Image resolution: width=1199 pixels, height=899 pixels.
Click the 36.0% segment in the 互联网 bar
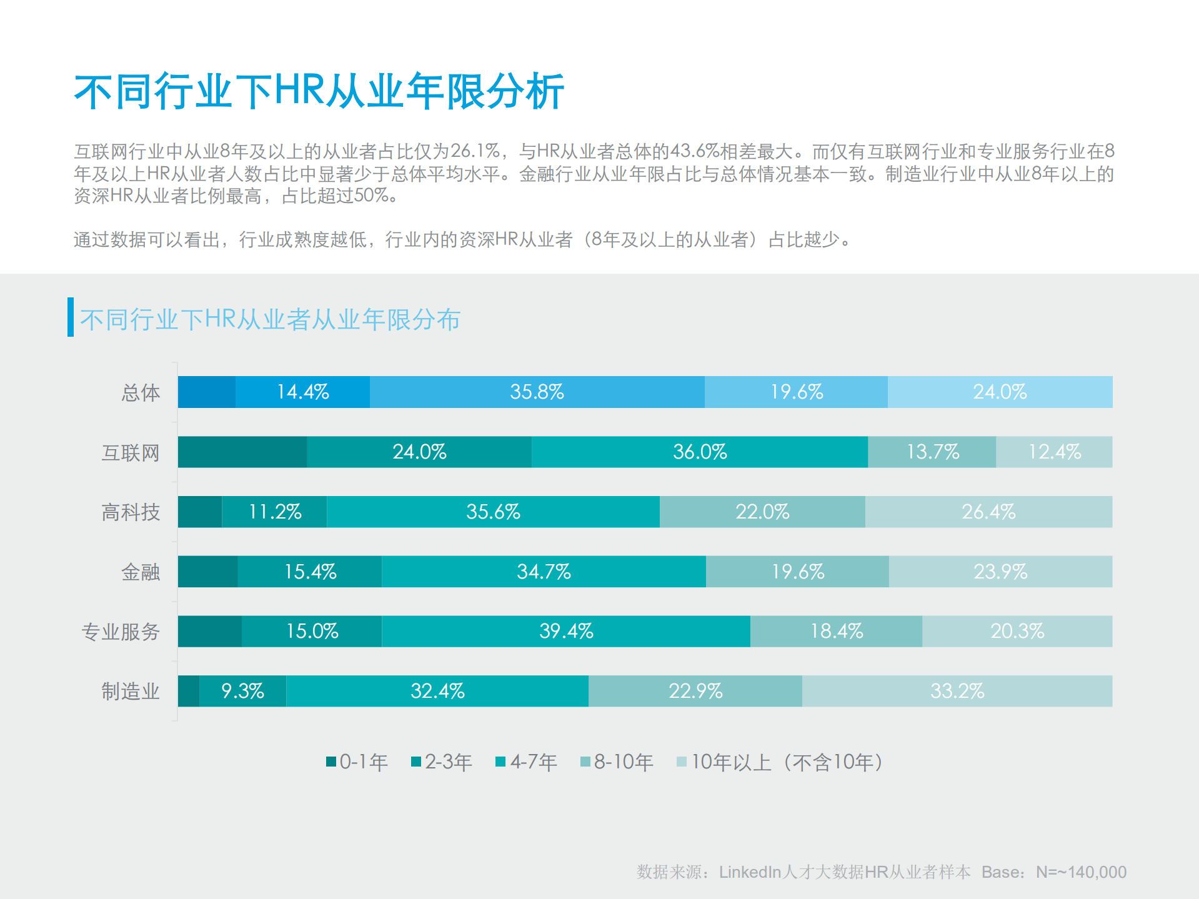click(699, 452)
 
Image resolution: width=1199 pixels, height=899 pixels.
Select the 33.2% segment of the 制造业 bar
click(957, 691)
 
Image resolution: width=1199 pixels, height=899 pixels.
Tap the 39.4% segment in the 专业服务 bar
click(565, 631)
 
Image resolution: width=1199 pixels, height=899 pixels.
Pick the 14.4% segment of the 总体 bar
click(302, 392)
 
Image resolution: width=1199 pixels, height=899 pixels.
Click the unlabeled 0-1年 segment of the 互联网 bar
click(242, 452)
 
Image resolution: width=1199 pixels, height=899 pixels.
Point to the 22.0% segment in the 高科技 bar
click(762, 512)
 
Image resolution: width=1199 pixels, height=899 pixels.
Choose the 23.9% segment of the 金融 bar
click(1000, 572)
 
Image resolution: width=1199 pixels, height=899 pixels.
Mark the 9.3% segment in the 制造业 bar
click(242, 691)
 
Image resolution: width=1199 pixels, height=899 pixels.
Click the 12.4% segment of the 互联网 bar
click(1054, 452)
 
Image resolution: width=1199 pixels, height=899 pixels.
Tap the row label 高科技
click(131, 512)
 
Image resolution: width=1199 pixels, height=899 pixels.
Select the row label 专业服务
click(121, 632)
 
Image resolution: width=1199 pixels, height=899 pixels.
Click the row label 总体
click(141, 392)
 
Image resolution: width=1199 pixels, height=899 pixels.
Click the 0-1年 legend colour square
click(331, 762)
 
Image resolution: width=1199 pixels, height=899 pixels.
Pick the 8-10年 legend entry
click(617, 762)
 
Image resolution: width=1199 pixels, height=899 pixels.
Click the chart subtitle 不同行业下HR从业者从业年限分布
click(270, 319)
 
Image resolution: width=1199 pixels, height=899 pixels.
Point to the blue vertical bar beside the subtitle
click(71, 317)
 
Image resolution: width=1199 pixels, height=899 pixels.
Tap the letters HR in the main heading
click(299, 91)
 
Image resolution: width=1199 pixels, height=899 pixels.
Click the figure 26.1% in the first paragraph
click(475, 151)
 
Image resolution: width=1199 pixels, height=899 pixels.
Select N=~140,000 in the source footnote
click(1081, 872)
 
